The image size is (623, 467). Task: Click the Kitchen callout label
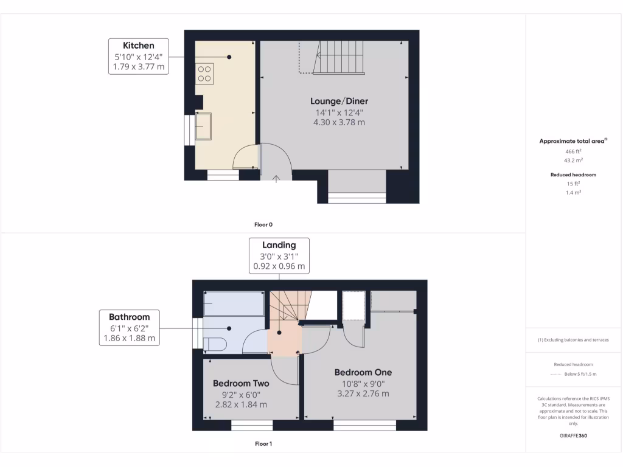[x=139, y=46]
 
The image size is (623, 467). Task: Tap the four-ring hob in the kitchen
[x=204, y=73]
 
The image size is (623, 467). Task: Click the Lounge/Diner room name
[x=339, y=101]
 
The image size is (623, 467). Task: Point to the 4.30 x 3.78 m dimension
[x=339, y=122]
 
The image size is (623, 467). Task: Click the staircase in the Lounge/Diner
[x=338, y=57]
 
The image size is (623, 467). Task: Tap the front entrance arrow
[x=276, y=178]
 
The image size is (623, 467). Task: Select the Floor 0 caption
[x=263, y=224]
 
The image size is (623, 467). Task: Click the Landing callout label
[x=279, y=245]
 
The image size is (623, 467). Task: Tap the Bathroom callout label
[x=129, y=317]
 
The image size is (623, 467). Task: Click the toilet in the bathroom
[x=215, y=344]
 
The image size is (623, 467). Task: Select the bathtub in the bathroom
[x=234, y=303]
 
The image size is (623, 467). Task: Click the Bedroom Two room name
[x=241, y=384]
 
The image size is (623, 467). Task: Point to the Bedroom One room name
[x=363, y=372]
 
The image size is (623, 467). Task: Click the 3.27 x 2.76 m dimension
[x=363, y=393]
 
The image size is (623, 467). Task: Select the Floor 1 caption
[x=263, y=444]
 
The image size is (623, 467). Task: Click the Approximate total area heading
[x=573, y=141]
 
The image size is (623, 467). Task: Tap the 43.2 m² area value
[x=574, y=161]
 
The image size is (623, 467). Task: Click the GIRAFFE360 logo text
[x=574, y=436]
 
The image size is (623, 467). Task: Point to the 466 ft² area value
[x=574, y=151]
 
